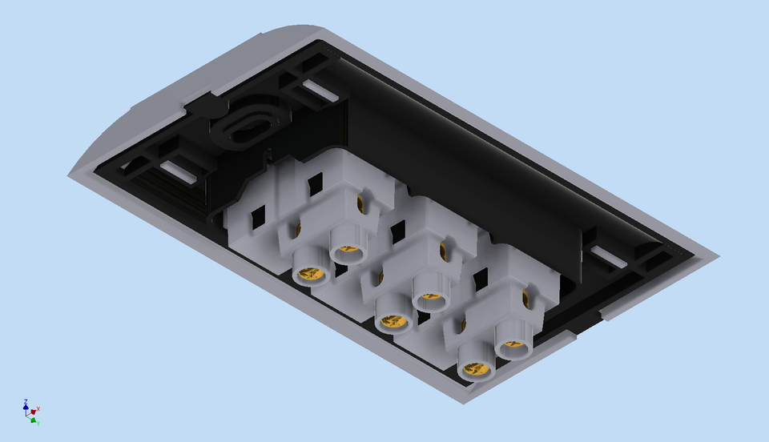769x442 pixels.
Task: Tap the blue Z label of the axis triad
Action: tap(26, 401)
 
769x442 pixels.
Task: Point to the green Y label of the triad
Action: tap(38, 422)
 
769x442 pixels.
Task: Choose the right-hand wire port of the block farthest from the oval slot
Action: tap(513, 347)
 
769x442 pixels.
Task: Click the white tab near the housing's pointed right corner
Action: tap(610, 257)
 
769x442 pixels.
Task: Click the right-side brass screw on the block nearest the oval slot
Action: tap(360, 203)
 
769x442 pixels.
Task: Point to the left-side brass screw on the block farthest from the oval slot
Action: tap(463, 324)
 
